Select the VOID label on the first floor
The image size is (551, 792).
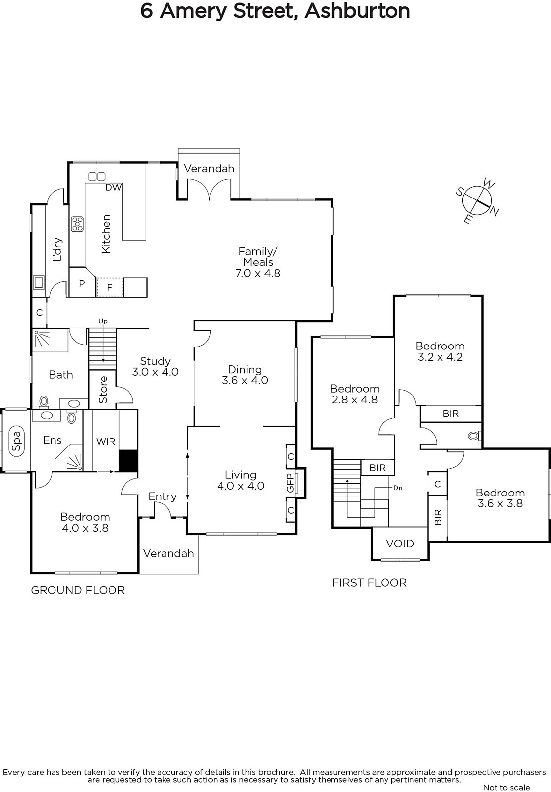click(400, 544)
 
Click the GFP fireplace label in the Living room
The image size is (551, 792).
click(290, 483)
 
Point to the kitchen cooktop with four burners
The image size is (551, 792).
click(77, 224)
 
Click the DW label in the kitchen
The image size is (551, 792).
click(113, 187)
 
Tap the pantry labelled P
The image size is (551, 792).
click(82, 283)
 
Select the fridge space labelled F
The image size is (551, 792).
click(110, 287)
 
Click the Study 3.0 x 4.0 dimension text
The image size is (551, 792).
click(155, 372)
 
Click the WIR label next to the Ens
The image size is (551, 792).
click(106, 441)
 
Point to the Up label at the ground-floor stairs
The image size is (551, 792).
click(103, 321)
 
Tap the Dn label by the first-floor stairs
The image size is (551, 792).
click(398, 488)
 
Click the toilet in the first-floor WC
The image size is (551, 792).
click(474, 436)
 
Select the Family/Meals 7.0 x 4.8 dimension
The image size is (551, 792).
click(258, 273)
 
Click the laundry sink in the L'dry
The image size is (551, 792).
click(39, 282)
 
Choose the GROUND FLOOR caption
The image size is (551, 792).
click(78, 590)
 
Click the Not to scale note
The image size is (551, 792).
click(506, 787)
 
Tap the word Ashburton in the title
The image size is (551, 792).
click(357, 11)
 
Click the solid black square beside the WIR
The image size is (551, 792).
click(128, 461)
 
